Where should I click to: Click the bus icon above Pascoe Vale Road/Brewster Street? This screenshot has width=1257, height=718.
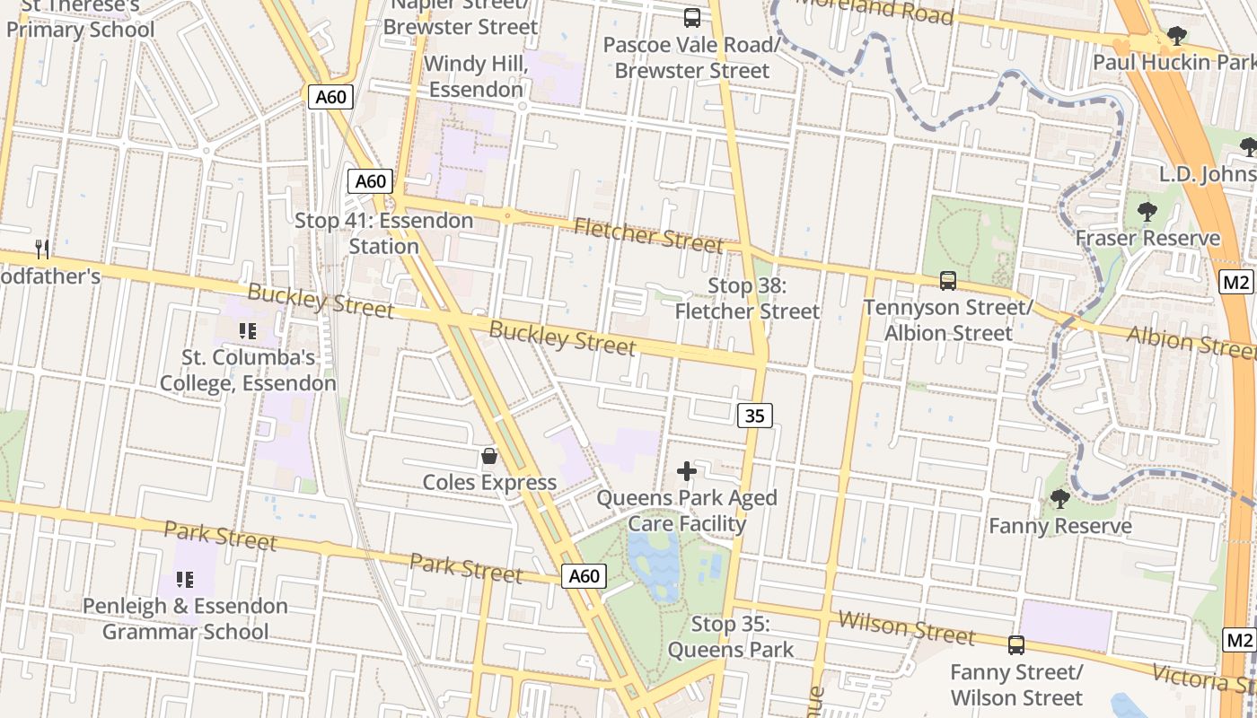click(x=691, y=17)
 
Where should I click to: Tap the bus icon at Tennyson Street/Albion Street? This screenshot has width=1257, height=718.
click(x=948, y=281)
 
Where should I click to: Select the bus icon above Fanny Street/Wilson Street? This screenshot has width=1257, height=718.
click(x=1016, y=644)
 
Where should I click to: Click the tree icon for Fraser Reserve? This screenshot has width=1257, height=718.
click(x=1147, y=213)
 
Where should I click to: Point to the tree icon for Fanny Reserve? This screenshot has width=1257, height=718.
click(x=1059, y=498)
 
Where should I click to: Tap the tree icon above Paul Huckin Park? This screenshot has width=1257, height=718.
click(x=1176, y=37)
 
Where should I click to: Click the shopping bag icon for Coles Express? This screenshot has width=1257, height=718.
click(x=489, y=456)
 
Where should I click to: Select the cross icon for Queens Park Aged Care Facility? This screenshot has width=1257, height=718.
click(x=687, y=470)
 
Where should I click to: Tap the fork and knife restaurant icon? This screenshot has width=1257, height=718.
click(x=42, y=249)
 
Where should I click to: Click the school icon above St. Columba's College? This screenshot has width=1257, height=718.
click(x=248, y=331)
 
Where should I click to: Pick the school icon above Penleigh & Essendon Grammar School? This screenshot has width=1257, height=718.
click(x=185, y=580)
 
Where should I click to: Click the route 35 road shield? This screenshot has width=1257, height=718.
click(x=755, y=416)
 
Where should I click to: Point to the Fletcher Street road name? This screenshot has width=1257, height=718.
click(x=648, y=236)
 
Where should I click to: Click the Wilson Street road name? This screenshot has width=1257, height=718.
click(x=906, y=627)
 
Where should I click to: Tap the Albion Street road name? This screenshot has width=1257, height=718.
click(x=1190, y=342)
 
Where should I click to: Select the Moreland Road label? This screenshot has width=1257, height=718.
click(x=875, y=11)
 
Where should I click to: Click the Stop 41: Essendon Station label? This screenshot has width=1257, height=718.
click(x=384, y=233)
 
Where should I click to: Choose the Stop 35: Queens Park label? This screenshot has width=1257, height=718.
click(x=731, y=637)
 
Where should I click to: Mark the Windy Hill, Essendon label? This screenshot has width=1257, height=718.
click(x=473, y=77)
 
